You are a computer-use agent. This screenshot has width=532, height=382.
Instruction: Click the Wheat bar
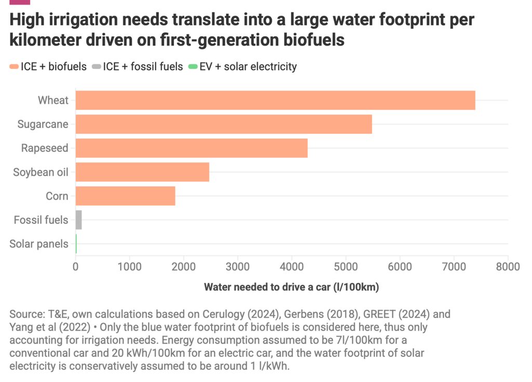[x=275, y=100]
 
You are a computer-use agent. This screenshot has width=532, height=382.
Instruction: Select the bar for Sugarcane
[x=224, y=124]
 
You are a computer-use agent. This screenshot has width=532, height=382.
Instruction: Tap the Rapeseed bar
[x=192, y=148]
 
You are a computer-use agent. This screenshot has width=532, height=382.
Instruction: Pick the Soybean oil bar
[x=142, y=172]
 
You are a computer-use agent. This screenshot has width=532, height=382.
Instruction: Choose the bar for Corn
[x=125, y=196]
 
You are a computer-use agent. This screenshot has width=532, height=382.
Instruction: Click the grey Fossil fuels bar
[x=79, y=220]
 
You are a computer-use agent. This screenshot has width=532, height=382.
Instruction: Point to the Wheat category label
[x=53, y=100]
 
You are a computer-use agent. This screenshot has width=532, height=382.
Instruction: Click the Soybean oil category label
[x=41, y=172]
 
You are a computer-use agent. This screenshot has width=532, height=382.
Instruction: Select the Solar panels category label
[x=39, y=244]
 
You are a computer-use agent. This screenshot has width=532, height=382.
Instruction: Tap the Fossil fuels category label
[x=41, y=220]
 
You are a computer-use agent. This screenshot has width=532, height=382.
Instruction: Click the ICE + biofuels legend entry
[x=48, y=66]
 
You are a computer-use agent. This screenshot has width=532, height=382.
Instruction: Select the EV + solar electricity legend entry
[x=243, y=66]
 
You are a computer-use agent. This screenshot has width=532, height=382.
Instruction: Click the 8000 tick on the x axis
[x=508, y=267]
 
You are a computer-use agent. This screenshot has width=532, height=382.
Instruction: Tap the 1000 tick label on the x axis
[x=129, y=267]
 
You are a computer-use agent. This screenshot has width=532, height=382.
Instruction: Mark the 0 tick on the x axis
[x=76, y=267]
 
